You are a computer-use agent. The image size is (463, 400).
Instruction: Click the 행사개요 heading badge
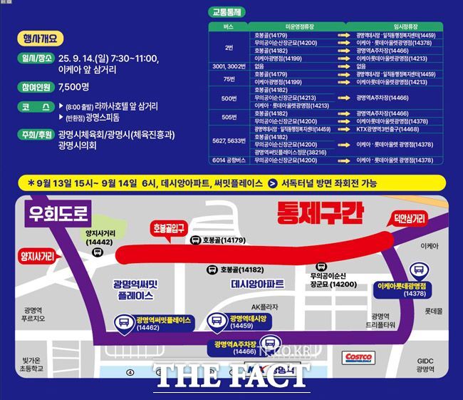(43, 38)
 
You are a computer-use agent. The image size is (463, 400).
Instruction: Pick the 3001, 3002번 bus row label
(229, 66)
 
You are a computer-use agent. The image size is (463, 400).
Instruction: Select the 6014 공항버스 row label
(229, 160)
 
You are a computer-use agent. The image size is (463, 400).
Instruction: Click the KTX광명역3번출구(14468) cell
(388, 129)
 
